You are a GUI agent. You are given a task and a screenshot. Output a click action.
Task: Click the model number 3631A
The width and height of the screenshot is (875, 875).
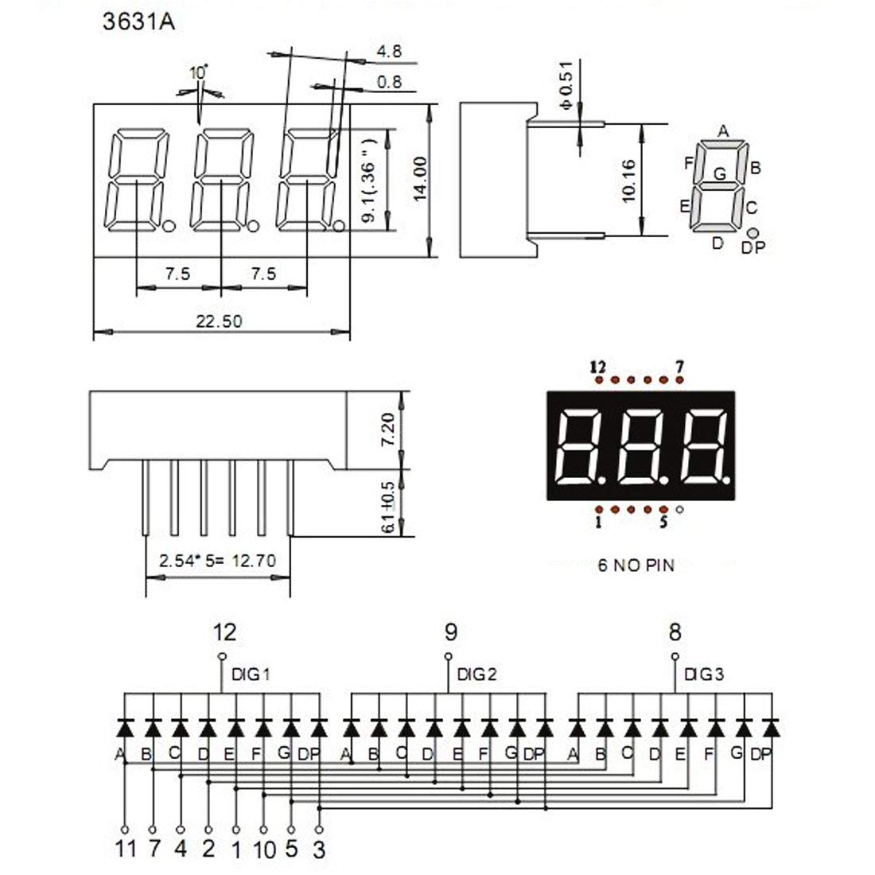click(x=138, y=21)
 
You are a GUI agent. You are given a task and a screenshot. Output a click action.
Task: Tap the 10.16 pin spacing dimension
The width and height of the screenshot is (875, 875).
click(x=628, y=181)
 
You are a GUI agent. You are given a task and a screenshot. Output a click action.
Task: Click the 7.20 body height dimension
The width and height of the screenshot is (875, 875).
click(x=388, y=429)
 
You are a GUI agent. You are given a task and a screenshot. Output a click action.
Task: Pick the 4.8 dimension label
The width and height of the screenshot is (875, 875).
click(x=389, y=52)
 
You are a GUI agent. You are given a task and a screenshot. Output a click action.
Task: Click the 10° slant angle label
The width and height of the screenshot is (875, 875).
click(x=198, y=73)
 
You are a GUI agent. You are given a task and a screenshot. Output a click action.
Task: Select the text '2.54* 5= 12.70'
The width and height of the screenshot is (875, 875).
click(x=217, y=561)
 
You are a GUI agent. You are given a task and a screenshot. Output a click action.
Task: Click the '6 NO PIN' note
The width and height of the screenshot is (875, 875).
click(x=636, y=566)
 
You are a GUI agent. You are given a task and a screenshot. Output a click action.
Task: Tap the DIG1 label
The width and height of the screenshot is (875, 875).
click(x=251, y=675)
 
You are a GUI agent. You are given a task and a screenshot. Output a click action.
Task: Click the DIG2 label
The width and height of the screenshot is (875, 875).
click(x=477, y=675)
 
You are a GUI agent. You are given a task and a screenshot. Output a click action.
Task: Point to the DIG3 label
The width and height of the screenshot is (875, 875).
click(x=704, y=675)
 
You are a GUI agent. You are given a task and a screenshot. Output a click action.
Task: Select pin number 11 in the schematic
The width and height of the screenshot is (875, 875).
click(x=126, y=850)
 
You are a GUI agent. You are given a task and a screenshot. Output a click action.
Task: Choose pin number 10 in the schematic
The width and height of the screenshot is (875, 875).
click(x=264, y=850)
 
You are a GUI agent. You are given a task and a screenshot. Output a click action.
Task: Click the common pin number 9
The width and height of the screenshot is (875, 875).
click(x=450, y=632)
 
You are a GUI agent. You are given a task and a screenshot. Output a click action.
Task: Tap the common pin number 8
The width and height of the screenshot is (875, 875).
click(x=675, y=632)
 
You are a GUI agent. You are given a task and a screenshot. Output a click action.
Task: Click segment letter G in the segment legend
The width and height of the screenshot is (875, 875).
click(x=720, y=173)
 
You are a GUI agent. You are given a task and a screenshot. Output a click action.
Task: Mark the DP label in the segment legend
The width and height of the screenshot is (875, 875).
click(x=752, y=248)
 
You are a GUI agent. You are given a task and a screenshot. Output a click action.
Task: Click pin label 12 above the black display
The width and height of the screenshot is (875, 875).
click(x=598, y=367)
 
